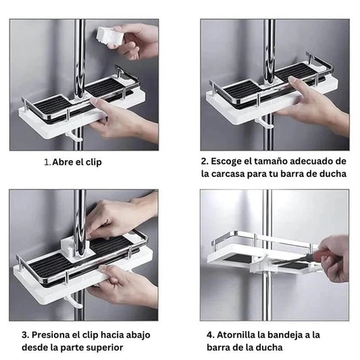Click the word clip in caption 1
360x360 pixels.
tap(94, 163)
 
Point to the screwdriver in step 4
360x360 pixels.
tap(305, 257)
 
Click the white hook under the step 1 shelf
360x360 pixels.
tap(74, 137)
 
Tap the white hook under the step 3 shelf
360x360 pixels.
tap(74, 301)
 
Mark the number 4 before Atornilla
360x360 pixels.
tap(210, 335)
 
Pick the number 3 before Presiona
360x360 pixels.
tap(25, 335)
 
